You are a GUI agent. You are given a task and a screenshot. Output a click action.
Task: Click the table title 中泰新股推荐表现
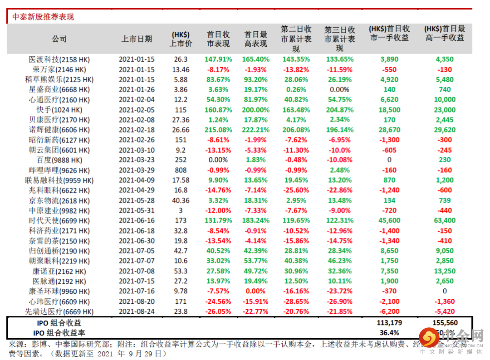click(43, 17)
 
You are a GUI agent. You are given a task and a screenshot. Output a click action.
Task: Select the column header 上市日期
click(137, 39)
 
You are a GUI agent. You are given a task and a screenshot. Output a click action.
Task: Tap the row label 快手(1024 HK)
click(59, 110)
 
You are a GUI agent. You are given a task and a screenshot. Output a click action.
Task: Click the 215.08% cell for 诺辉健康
click(218, 130)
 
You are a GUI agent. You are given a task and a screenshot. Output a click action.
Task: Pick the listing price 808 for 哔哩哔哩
click(181, 170)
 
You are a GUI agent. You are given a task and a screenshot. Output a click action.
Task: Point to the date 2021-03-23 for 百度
click(137, 160)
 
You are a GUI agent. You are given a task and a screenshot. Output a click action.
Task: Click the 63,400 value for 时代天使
click(445, 220)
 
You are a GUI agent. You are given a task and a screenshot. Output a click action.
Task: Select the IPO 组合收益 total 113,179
click(389, 323)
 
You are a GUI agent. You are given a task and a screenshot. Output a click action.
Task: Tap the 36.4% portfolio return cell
click(389, 332)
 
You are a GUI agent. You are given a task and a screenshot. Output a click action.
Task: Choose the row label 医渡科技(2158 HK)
click(59, 59)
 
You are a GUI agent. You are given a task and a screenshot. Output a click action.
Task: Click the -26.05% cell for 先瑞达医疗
click(218, 311)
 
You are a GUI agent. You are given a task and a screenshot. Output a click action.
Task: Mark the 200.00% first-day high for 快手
click(255, 110)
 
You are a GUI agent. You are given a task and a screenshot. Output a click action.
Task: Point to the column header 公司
click(59, 39)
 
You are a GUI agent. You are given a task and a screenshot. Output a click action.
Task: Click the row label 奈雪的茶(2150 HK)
click(59, 241)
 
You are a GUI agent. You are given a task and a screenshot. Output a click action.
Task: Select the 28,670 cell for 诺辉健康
click(389, 130)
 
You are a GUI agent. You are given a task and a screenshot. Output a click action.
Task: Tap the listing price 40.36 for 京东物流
click(181, 200)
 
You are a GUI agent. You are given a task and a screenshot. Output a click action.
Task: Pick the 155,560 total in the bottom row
click(445, 323)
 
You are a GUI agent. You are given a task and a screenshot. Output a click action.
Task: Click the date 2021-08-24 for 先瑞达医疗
click(137, 311)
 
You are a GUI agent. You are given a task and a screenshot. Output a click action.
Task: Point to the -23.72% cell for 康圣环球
click(339, 291)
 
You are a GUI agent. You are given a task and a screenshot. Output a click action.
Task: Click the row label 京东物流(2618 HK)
click(59, 200)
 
